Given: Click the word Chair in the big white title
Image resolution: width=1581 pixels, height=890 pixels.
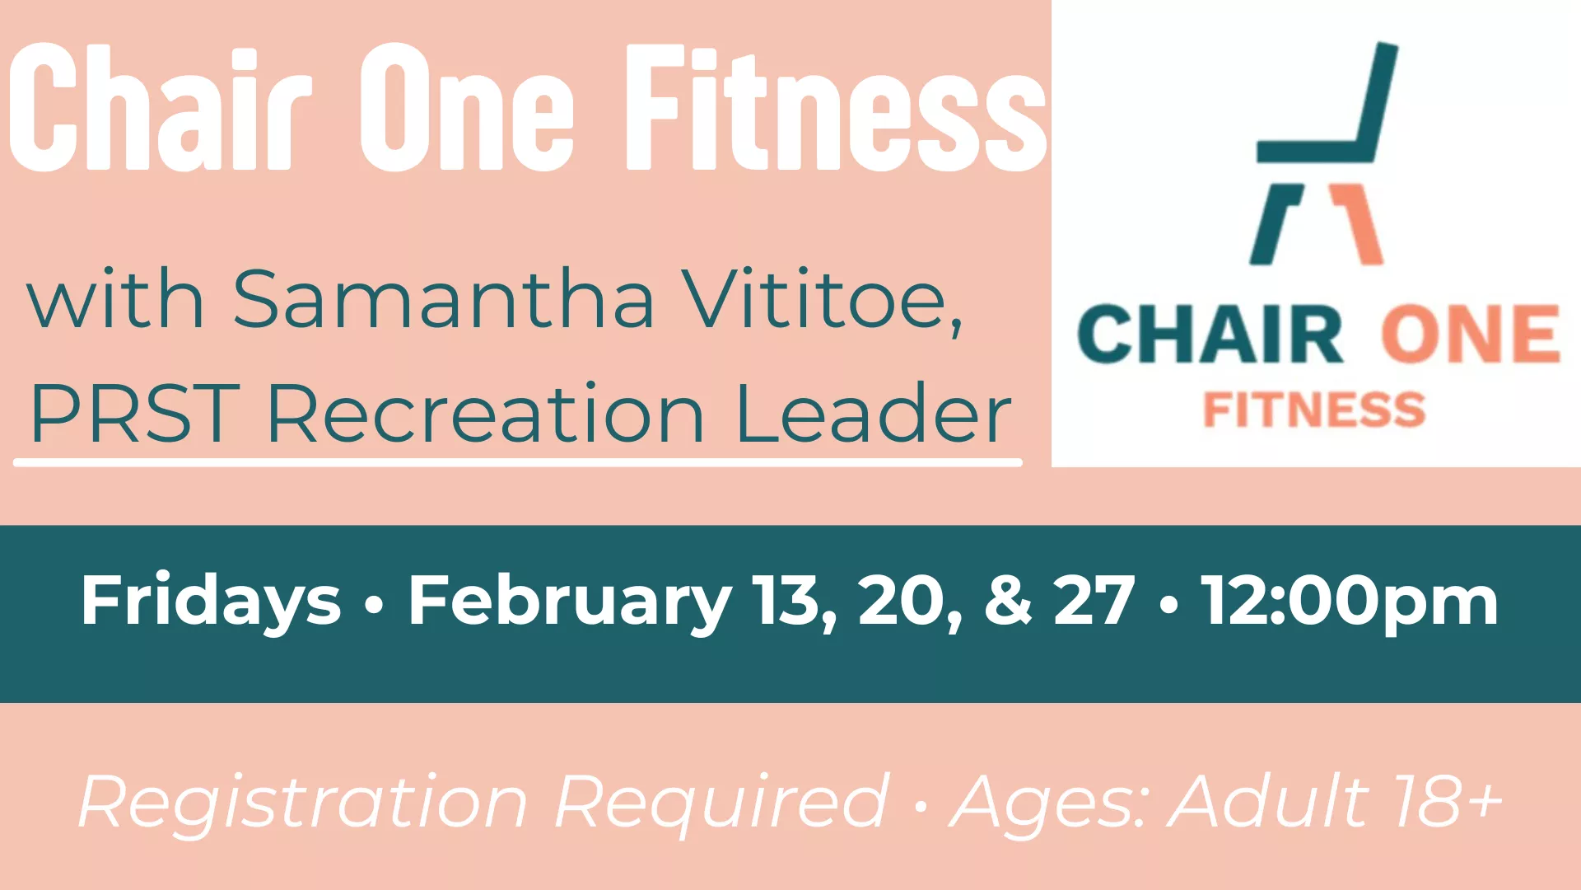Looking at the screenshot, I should (161, 109).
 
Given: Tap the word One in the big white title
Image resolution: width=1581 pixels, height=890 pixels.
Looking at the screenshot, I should (466, 109).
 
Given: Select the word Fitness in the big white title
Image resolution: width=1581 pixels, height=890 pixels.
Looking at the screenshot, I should (836, 109).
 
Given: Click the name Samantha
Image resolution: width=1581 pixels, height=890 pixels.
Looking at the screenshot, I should (444, 300).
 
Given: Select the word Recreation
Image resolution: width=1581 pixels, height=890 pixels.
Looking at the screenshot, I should (486, 414).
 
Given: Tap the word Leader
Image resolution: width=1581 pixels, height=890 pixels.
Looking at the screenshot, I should (873, 414).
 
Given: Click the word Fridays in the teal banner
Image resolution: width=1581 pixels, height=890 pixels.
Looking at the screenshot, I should (211, 602).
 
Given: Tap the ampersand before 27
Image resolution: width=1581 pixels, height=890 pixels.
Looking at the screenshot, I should (1008, 600).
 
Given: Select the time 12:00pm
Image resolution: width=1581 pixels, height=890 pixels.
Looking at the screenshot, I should (1349, 602).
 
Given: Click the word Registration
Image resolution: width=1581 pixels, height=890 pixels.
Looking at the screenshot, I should (303, 802).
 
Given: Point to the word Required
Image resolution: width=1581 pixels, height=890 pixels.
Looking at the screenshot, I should (721, 802).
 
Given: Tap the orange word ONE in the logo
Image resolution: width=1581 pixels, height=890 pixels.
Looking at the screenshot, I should (1470, 335).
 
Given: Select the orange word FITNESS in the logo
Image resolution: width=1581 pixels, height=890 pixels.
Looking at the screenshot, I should (1314, 410).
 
